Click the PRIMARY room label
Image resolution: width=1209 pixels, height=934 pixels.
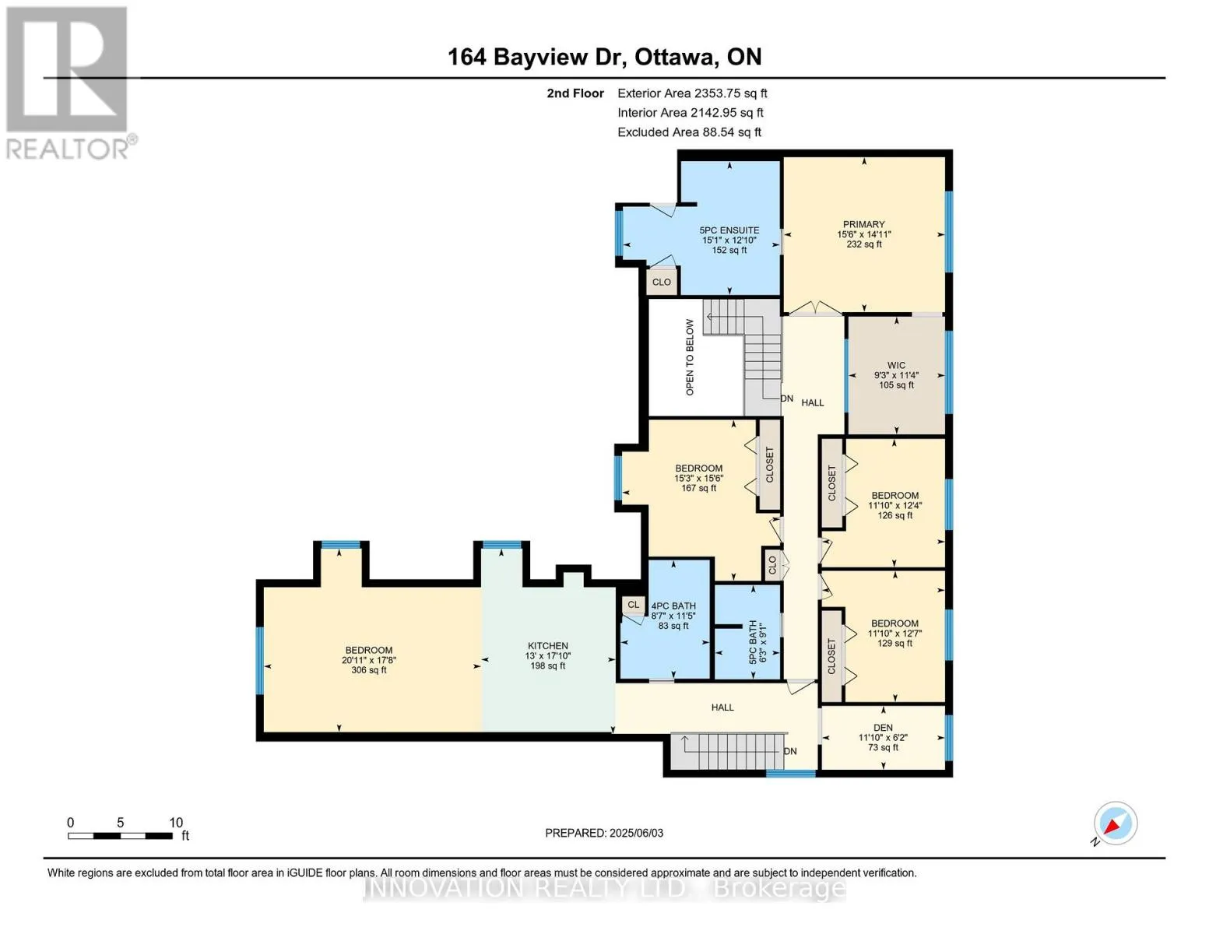tap(863, 224)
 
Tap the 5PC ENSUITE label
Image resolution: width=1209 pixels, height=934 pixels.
tap(729, 230)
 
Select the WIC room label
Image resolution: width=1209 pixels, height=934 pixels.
tap(896, 366)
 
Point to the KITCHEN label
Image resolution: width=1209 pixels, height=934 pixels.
tap(548, 646)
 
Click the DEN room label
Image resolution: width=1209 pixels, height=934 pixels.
tap(883, 728)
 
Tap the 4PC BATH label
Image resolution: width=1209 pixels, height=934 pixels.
tap(673, 606)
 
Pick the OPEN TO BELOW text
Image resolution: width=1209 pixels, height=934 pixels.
tap(690, 357)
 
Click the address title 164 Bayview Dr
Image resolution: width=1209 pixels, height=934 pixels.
tap(533, 57)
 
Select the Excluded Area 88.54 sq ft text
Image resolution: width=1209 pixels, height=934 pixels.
tap(689, 132)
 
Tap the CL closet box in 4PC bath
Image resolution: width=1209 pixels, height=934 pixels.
tap(633, 605)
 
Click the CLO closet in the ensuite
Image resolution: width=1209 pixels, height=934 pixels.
tap(662, 282)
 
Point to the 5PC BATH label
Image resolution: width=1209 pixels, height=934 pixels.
tap(753, 642)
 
